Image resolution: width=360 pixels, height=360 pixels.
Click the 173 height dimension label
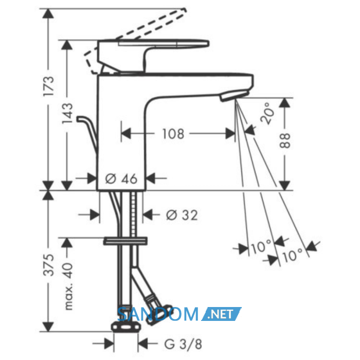(49, 86)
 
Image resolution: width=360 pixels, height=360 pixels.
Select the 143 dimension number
(67, 114)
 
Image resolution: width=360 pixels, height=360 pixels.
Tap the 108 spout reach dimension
(173, 134)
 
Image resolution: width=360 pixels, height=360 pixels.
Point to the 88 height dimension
(285, 140)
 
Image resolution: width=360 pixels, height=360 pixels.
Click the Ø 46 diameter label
(121, 178)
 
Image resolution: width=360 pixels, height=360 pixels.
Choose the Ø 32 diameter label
(182, 215)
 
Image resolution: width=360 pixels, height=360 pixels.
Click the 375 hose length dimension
(49, 265)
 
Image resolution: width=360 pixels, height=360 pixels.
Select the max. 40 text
(68, 286)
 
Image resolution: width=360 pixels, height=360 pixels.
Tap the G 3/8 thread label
(183, 344)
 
